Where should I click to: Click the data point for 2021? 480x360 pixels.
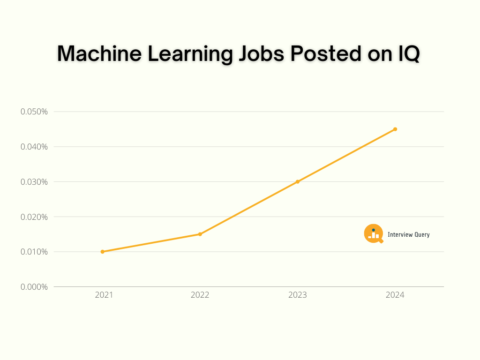click(103, 252)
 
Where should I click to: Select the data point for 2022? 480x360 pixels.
click(200, 234)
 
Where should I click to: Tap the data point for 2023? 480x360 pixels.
click(298, 181)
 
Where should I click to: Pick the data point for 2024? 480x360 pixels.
click(395, 129)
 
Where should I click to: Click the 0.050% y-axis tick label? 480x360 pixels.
click(34, 112)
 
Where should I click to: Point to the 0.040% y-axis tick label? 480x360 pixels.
click(34, 147)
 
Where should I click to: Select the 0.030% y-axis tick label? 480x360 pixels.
click(34, 182)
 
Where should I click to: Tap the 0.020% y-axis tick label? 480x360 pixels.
click(34, 217)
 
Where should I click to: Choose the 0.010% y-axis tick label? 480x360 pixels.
click(34, 252)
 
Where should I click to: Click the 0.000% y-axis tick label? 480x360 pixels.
click(34, 287)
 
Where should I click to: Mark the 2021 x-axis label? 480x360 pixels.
click(104, 295)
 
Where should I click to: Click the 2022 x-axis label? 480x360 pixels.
click(200, 295)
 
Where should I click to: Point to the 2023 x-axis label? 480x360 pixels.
click(298, 295)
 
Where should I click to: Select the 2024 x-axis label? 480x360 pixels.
click(395, 295)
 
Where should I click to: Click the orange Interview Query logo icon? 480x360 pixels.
click(374, 233)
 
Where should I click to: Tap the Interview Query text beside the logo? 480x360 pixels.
click(408, 234)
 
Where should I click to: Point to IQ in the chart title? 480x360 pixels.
click(405, 54)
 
